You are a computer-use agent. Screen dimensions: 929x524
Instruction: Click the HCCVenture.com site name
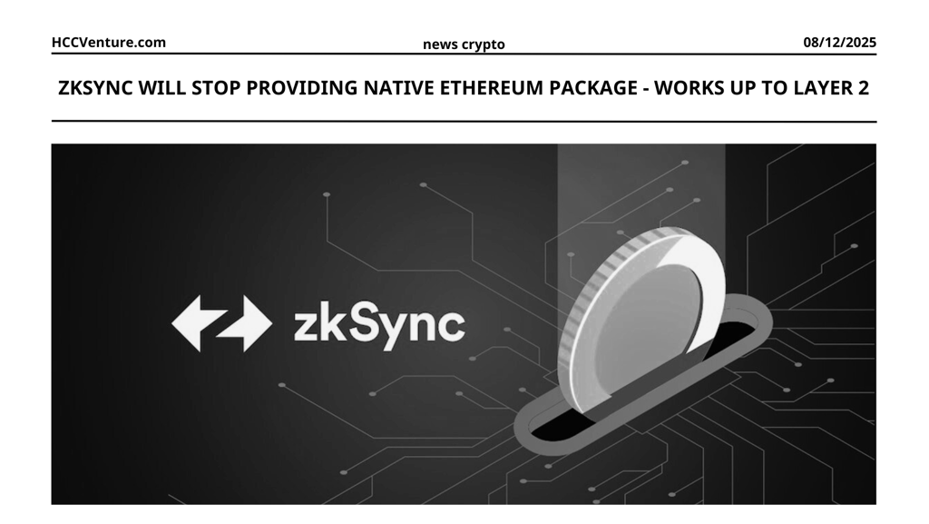pyautogui.click(x=109, y=42)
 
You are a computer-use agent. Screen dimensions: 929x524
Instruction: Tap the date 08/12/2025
pyautogui.click(x=839, y=42)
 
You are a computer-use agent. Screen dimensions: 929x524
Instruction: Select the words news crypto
pyautogui.click(x=464, y=44)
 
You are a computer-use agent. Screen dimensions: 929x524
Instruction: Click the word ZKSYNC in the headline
pyautogui.click(x=95, y=89)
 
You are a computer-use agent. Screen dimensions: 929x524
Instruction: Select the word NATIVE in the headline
pyautogui.click(x=398, y=89)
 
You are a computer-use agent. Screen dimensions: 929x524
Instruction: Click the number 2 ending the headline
pyautogui.click(x=864, y=89)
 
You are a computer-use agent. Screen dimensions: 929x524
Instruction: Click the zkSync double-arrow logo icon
pyautogui.click(x=221, y=323)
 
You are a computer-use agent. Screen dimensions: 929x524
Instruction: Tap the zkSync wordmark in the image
pyautogui.click(x=378, y=324)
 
